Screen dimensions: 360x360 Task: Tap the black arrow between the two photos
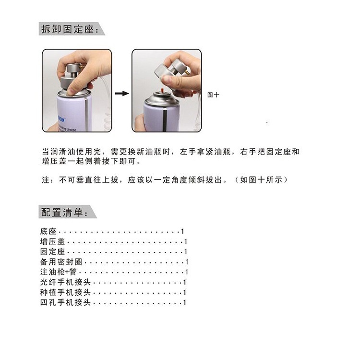click(x=122, y=93)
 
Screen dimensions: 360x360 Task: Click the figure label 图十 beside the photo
click(x=213, y=95)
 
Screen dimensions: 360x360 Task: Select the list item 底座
click(x=48, y=231)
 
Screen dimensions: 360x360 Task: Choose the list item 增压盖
click(x=53, y=241)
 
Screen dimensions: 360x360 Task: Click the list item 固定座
click(x=53, y=252)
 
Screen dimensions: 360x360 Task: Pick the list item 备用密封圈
click(x=61, y=262)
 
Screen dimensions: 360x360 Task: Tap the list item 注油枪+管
click(x=58, y=272)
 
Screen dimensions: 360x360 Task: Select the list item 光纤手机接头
click(x=65, y=282)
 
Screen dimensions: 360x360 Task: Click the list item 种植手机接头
click(x=65, y=292)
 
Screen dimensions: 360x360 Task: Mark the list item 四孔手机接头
click(x=65, y=302)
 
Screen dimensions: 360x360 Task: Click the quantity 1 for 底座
click(x=182, y=231)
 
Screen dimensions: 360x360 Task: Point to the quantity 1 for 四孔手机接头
click(x=184, y=302)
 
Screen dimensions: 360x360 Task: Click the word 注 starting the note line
click(x=46, y=180)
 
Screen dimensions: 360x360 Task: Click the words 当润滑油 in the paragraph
click(x=59, y=152)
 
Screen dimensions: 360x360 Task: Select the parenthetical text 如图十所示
click(x=261, y=180)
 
